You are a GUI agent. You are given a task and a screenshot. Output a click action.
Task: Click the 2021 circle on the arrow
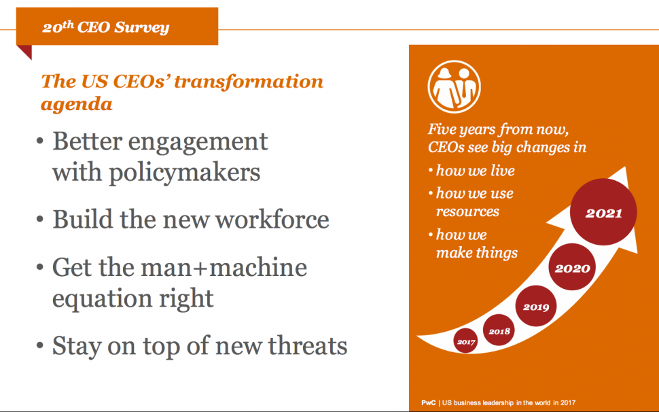click(x=603, y=212)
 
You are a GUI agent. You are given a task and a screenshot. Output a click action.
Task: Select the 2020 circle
click(x=572, y=267)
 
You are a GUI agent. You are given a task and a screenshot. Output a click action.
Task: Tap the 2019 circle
click(x=536, y=306)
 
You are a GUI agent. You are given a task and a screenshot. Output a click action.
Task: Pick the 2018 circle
click(x=499, y=330)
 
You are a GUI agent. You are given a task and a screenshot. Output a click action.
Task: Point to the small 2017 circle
click(x=466, y=341)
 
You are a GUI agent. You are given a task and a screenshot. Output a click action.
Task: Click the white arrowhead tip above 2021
click(x=626, y=167)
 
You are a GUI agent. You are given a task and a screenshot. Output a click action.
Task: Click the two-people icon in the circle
click(x=455, y=86)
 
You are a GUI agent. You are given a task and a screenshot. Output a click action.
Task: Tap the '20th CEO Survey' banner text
click(x=106, y=27)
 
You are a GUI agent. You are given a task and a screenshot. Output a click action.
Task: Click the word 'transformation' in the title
click(x=249, y=82)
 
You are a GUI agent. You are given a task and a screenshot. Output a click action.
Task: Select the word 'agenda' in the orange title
click(x=77, y=104)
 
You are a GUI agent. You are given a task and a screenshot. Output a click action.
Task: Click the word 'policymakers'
click(x=185, y=173)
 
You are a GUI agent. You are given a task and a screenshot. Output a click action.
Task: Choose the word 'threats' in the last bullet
click(x=308, y=345)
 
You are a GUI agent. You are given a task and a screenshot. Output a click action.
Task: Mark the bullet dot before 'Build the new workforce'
click(x=40, y=220)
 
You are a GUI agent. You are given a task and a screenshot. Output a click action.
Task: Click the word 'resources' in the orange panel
click(x=467, y=211)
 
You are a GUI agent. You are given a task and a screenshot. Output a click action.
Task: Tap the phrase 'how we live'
click(x=476, y=170)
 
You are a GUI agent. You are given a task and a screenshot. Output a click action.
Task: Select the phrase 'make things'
click(x=477, y=252)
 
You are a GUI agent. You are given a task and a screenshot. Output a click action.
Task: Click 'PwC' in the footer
click(x=428, y=402)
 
